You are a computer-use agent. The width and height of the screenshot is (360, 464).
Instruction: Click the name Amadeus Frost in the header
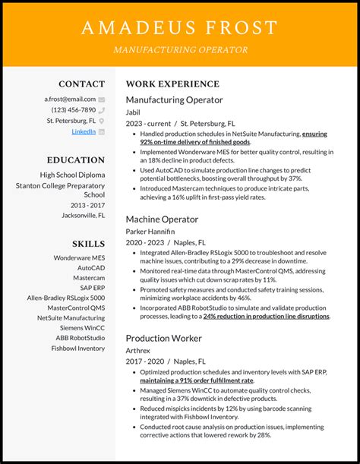tap(180, 28)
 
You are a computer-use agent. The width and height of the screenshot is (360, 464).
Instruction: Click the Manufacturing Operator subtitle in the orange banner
tap(180, 50)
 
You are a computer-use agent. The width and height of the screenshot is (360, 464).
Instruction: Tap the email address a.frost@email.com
tap(70, 99)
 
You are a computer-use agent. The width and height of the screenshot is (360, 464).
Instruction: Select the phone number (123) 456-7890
tap(74, 109)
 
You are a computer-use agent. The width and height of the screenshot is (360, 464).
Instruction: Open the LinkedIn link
tap(84, 131)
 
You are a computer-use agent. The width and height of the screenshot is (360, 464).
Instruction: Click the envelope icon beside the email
tap(102, 99)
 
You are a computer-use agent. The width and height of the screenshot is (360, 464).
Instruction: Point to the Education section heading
tap(75, 160)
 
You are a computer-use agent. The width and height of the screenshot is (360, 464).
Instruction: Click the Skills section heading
tap(88, 243)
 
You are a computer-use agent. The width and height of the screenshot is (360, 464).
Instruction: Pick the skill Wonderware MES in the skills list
tap(78, 257)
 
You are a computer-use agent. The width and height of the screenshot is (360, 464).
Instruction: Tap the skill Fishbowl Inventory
tap(78, 348)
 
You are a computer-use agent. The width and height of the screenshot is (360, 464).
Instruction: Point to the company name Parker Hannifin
tap(150, 231)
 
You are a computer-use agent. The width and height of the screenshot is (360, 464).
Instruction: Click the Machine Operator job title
tap(162, 219)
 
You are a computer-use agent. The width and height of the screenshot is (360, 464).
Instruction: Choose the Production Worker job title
tap(165, 338)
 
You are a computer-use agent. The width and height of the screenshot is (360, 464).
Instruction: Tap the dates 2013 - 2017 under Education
tap(87, 204)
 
